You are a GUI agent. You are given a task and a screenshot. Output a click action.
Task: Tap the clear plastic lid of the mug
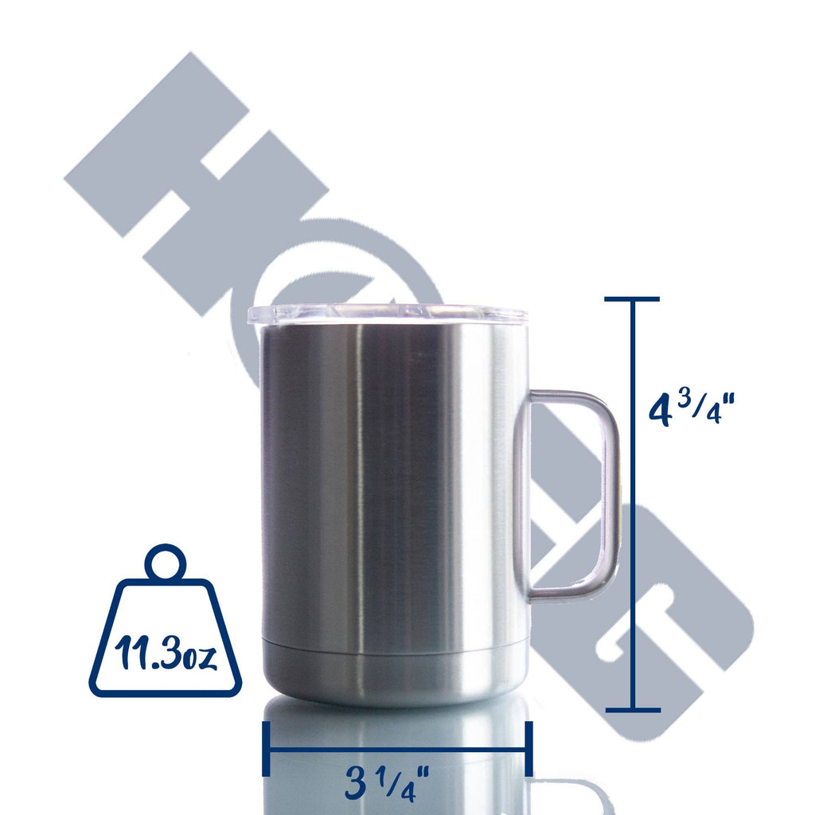click(388, 314)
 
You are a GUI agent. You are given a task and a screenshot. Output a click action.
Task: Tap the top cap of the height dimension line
click(632, 299)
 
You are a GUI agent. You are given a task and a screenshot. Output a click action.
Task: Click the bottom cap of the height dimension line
click(632, 709)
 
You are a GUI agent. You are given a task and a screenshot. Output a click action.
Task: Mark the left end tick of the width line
click(267, 748)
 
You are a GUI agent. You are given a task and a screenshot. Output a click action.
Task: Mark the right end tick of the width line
click(528, 748)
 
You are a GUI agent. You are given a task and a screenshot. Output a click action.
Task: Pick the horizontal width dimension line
click(398, 748)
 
